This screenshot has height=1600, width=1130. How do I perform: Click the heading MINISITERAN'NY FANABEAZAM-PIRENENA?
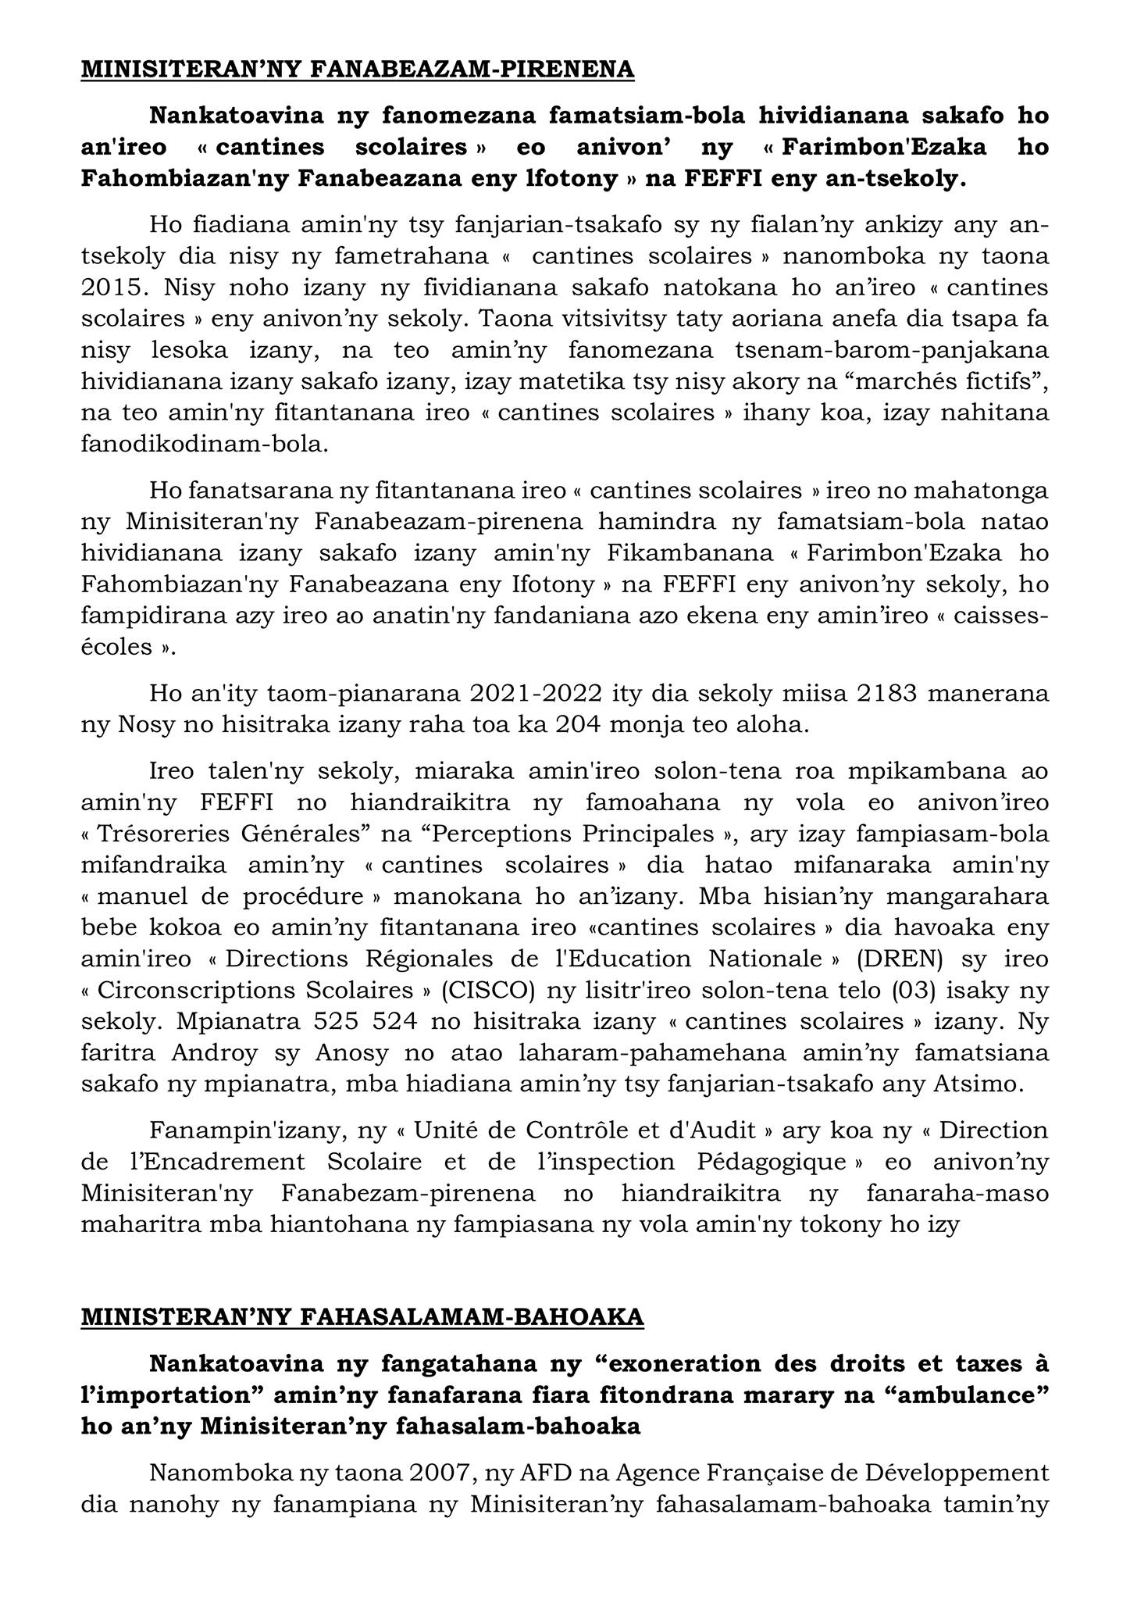[x=358, y=70]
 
